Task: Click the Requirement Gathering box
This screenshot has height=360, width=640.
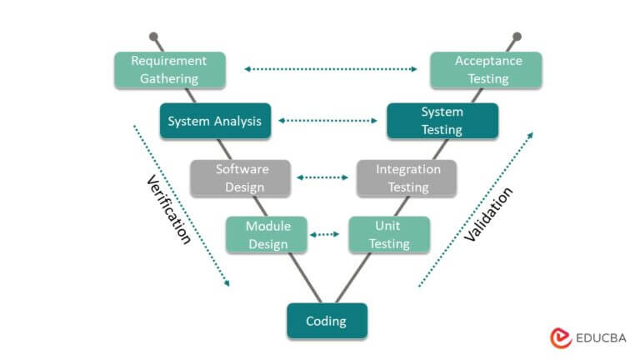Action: pos(170,70)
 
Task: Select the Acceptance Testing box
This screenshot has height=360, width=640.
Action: pos(487,70)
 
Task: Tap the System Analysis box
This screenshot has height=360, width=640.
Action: pos(215,121)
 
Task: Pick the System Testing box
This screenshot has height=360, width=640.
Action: pos(442,121)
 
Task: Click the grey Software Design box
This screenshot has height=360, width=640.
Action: pos(240,177)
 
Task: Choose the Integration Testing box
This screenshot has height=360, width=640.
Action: pos(407,177)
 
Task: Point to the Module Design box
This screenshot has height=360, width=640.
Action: pos(267,235)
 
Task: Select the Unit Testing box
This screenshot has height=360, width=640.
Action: pos(389,235)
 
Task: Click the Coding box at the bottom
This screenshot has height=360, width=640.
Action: pos(326,321)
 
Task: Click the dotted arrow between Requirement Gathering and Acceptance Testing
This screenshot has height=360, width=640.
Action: pos(331,69)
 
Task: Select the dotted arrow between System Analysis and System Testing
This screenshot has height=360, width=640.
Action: pos(327,121)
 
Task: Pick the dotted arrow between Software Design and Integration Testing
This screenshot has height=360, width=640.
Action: pos(322,177)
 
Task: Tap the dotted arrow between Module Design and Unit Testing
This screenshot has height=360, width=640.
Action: pos(325,235)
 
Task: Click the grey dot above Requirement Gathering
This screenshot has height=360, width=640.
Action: pos(153,37)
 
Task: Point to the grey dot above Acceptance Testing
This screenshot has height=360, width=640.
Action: pos(517,37)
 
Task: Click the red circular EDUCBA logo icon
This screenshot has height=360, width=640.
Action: pos(561,337)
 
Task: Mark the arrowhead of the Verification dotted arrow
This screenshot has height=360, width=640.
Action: pos(226,283)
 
